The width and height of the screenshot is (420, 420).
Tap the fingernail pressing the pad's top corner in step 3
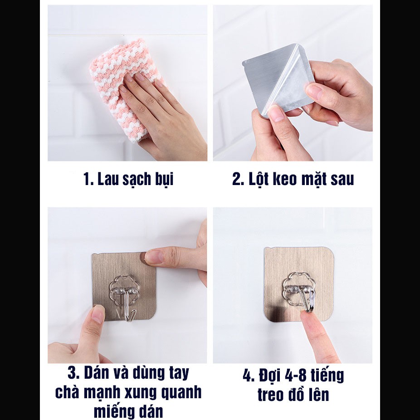point(155,257)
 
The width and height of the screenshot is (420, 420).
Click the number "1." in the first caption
point(88,179)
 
